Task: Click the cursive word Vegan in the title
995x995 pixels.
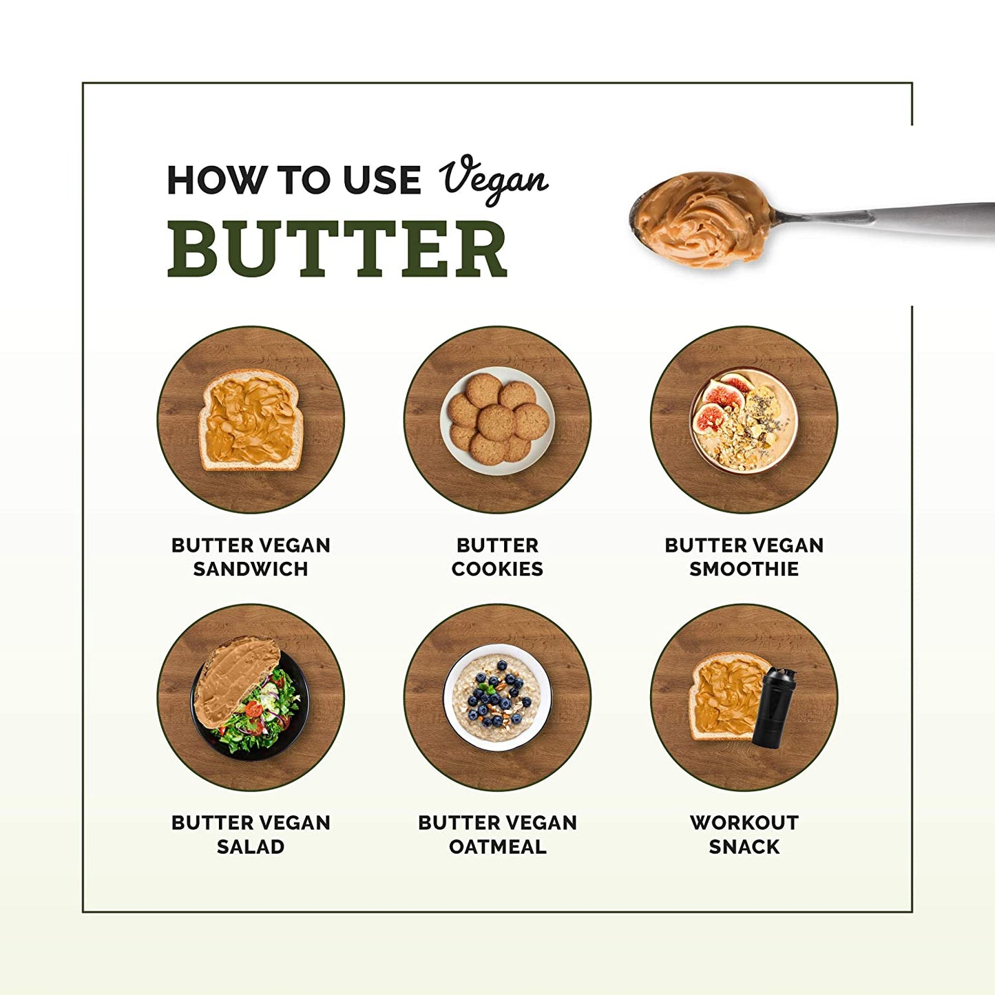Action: coord(493,179)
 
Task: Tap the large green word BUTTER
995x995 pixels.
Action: coord(337,250)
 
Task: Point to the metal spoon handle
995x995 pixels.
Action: coord(895,219)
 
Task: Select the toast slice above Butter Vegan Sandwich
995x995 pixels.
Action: coord(251,420)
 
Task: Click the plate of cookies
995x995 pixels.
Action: coord(497,420)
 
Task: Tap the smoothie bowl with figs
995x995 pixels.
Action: coord(744,420)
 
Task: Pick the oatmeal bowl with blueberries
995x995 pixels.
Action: coord(497,697)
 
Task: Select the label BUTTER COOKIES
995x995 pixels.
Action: coord(497,557)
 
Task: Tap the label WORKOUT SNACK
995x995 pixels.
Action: coord(744,835)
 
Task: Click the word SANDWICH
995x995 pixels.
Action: coord(251,569)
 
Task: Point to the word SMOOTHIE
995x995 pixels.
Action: coord(744,569)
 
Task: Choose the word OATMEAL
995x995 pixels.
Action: coord(497,847)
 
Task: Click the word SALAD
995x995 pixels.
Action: coord(251,847)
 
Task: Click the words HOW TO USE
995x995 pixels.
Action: coord(294,180)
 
